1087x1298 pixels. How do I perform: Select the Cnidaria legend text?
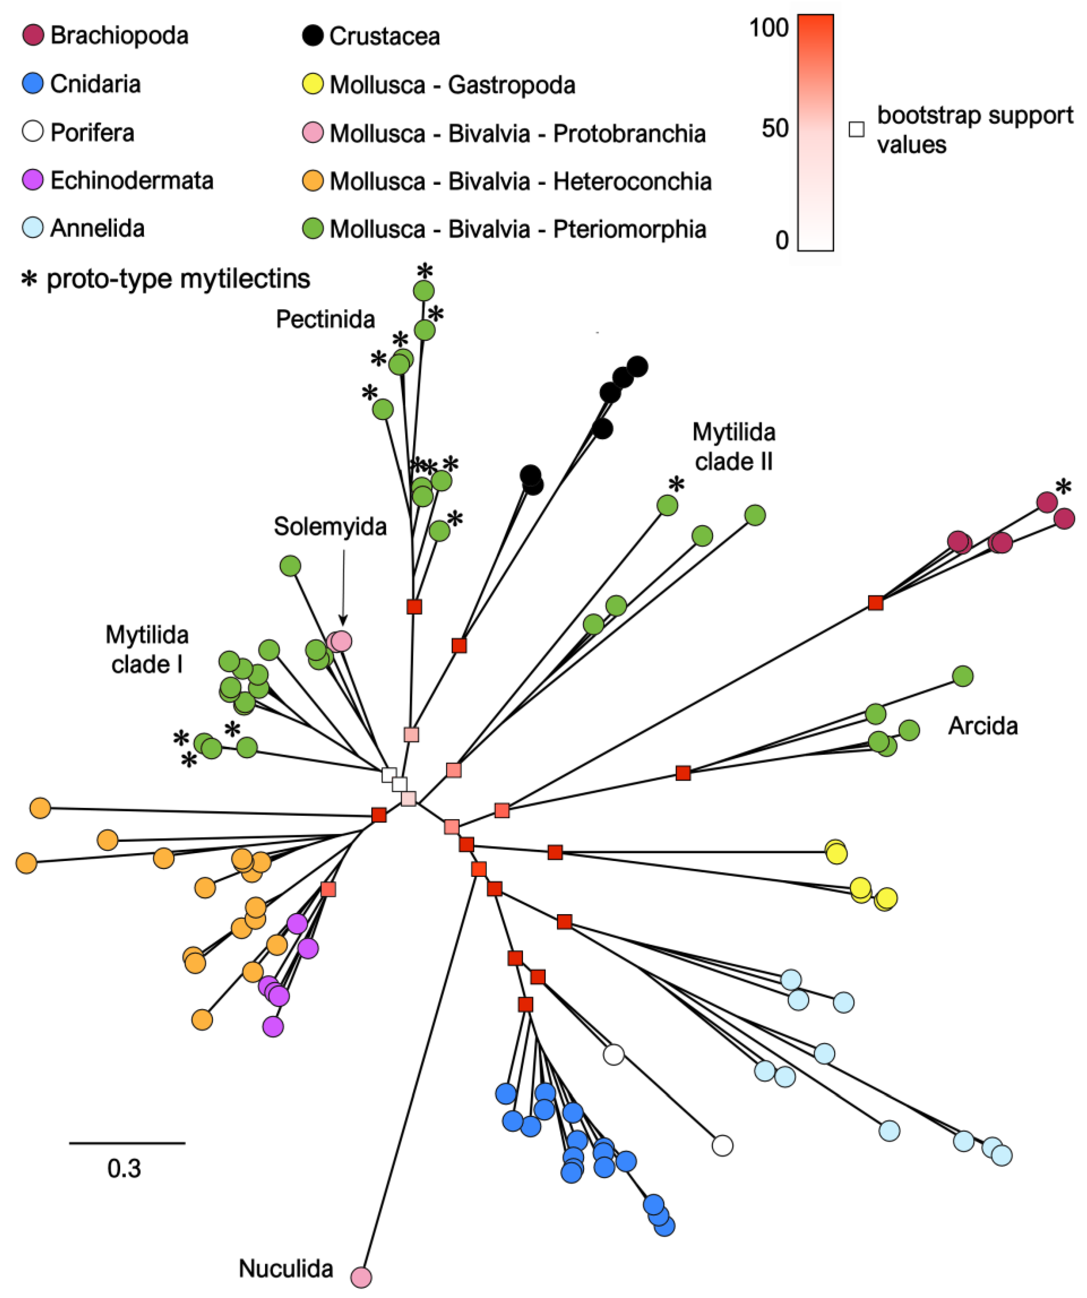click(x=95, y=84)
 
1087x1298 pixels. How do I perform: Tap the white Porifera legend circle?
click(x=33, y=132)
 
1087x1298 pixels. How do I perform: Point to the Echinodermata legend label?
click(x=132, y=180)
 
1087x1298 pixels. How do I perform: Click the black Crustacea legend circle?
click(x=313, y=35)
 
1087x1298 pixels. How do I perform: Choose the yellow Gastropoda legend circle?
click(x=313, y=84)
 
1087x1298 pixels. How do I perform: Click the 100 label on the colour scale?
click(x=769, y=28)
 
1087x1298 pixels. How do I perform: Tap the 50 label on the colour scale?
click(x=775, y=128)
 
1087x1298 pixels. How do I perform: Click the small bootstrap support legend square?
click(x=856, y=129)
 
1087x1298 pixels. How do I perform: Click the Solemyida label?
click(x=330, y=527)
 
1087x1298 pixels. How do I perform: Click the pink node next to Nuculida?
click(x=361, y=1277)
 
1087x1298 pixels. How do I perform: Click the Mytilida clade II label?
click(x=734, y=446)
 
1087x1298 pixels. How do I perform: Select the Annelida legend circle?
click(x=33, y=228)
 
